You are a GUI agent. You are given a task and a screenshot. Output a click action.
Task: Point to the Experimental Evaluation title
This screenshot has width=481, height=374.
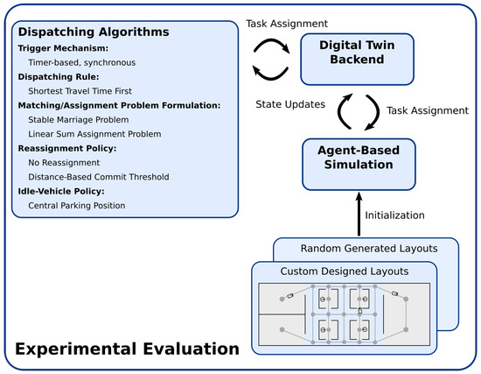point(126,349)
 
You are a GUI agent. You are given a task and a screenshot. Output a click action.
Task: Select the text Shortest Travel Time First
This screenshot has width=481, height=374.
point(86,89)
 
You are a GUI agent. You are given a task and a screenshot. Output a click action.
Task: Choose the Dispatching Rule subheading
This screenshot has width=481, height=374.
point(54,75)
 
